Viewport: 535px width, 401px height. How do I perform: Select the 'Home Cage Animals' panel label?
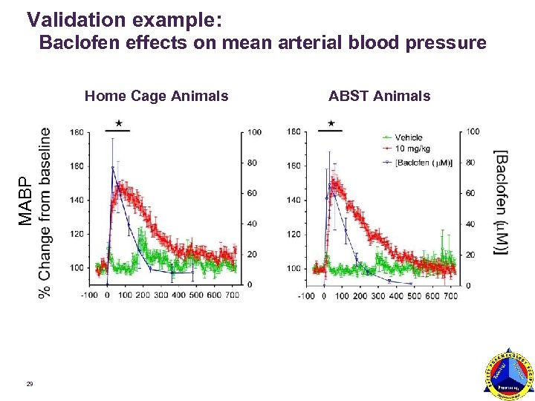pyautogui.click(x=156, y=95)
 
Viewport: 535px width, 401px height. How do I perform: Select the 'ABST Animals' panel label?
pyautogui.click(x=379, y=95)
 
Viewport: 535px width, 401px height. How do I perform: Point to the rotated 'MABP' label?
pyautogui.click(x=25, y=200)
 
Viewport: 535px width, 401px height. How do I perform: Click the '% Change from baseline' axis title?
pyautogui.click(x=45, y=212)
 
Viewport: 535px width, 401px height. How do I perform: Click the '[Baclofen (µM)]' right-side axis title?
pyautogui.click(x=503, y=202)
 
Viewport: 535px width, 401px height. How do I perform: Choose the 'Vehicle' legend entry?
pyautogui.click(x=408, y=137)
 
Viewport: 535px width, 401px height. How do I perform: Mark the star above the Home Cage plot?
pyautogui.click(x=117, y=123)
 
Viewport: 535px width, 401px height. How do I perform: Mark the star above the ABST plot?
pyautogui.click(x=329, y=123)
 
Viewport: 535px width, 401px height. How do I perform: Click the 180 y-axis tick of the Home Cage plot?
pyautogui.click(x=77, y=132)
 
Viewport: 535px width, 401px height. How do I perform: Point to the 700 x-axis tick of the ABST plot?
pyautogui.click(x=450, y=296)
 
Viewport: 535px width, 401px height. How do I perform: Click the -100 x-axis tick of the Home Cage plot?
pyautogui.click(x=89, y=295)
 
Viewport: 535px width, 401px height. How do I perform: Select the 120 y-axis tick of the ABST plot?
pyautogui.click(x=294, y=235)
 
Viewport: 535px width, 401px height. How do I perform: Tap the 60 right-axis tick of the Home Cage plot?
pyautogui.click(x=254, y=193)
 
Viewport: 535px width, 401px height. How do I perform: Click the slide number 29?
pyautogui.click(x=29, y=384)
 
